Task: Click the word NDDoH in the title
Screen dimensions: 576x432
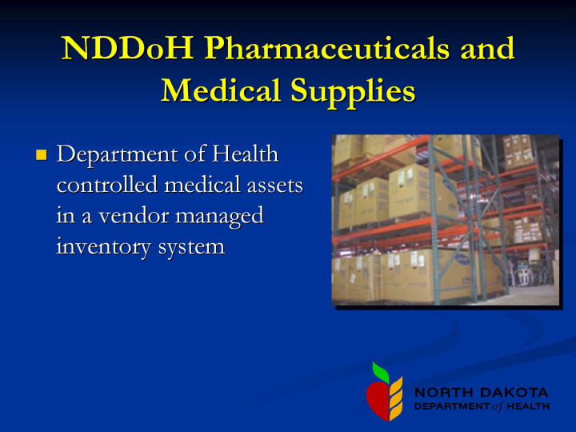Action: (127, 48)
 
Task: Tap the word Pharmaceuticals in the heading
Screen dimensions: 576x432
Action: (326, 48)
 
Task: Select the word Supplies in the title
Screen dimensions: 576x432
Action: (353, 91)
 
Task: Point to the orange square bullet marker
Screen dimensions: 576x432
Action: (41, 154)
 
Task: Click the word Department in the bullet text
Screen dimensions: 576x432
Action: (118, 154)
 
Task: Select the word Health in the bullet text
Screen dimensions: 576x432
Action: (246, 153)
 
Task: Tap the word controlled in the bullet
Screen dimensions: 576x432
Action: (107, 185)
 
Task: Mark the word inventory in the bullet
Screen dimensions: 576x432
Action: (103, 247)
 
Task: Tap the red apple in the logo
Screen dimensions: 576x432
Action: (378, 400)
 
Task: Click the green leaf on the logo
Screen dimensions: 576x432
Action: (381, 372)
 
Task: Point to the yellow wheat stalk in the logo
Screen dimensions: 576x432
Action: (396, 398)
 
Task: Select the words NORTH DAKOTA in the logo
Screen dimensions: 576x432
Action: (482, 392)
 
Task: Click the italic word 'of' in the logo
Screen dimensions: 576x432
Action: (498, 406)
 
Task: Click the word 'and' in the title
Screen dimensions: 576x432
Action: (487, 48)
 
